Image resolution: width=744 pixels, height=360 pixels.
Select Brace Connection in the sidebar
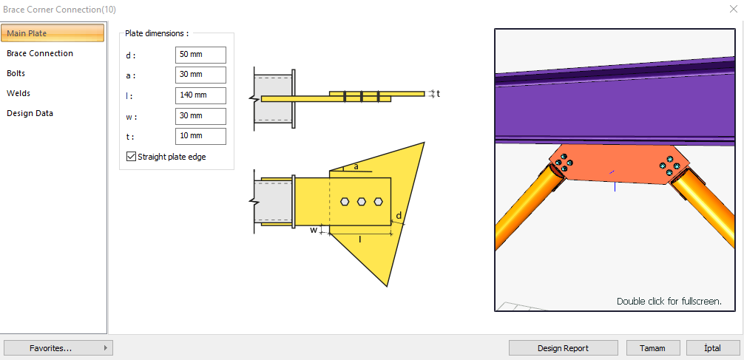tap(40, 53)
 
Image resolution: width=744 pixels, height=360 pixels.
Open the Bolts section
tap(16, 73)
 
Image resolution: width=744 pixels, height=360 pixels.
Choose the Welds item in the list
tap(18, 93)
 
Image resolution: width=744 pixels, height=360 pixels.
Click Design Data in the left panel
tap(30, 113)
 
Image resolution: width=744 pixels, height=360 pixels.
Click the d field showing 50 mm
tap(200, 55)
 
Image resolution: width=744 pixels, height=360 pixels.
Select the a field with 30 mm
tap(200, 75)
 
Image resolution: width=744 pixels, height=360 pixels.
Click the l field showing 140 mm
tap(200, 95)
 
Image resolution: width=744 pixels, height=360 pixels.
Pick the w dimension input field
tap(200, 116)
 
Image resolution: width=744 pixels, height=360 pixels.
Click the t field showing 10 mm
tap(200, 136)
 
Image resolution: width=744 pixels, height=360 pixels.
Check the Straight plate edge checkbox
tap(132, 157)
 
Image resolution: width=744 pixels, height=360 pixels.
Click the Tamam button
tap(653, 348)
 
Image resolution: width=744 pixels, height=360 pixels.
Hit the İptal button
tap(713, 348)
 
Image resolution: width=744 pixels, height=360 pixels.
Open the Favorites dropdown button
tap(58, 348)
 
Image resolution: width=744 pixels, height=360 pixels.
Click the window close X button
tap(732, 9)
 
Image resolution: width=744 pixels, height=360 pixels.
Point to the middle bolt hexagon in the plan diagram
tap(362, 201)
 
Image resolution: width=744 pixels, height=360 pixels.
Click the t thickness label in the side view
tap(438, 94)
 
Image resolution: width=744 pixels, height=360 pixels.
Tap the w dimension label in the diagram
tap(314, 230)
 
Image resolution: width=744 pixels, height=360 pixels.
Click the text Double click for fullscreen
tap(669, 302)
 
